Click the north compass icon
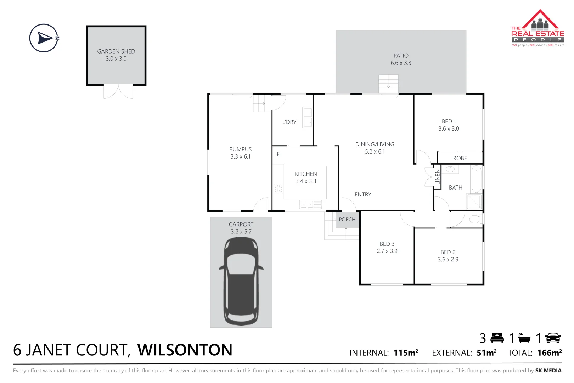coord(44,38)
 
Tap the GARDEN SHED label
coord(116,51)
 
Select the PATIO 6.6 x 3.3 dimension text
coord(401,63)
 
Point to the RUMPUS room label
coord(240,149)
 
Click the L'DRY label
coord(289,122)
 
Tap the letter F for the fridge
coord(278,154)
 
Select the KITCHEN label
coord(306,174)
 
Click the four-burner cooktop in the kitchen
coord(278,188)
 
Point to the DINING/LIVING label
coord(375,144)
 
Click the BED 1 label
coord(449,121)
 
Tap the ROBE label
coord(460,158)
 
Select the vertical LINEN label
coord(438,177)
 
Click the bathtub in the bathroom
coord(476,179)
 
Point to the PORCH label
coord(347,220)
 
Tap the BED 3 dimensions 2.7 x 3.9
coord(387,251)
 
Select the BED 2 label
coord(448,252)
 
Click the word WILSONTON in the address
coord(185,350)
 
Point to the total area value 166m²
coord(549,353)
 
